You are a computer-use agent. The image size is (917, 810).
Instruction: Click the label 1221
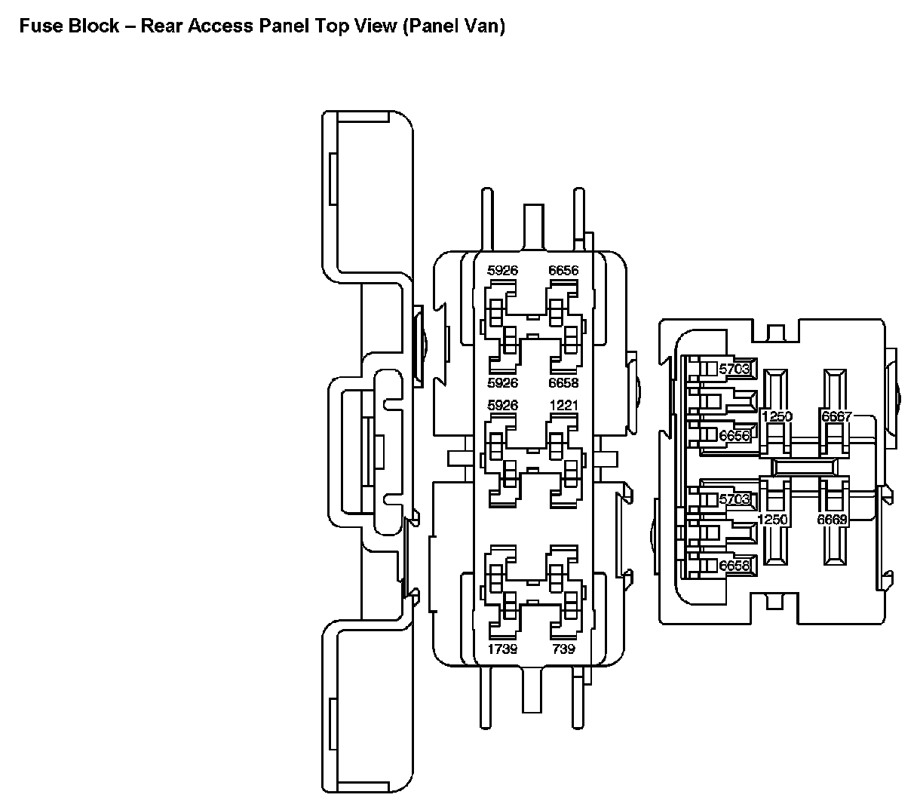pyautogui.click(x=563, y=405)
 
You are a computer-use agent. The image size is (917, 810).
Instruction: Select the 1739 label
pyautogui.click(x=502, y=649)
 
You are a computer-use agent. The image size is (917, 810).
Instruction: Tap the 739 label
pyautogui.click(x=563, y=649)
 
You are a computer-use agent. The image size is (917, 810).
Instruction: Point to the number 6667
pyautogui.click(x=836, y=417)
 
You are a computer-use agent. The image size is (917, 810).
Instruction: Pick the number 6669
pyautogui.click(x=833, y=519)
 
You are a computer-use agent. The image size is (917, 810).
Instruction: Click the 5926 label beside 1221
pyautogui.click(x=502, y=405)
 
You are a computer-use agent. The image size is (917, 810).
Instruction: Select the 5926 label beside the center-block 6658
pyautogui.click(x=502, y=382)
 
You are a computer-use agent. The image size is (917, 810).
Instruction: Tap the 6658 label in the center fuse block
pyautogui.click(x=563, y=382)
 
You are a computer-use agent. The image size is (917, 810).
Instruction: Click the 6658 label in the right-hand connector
pyautogui.click(x=735, y=566)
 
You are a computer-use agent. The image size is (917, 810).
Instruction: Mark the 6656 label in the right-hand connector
pyautogui.click(x=735, y=436)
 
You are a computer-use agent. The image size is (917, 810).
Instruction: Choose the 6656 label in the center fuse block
pyautogui.click(x=563, y=270)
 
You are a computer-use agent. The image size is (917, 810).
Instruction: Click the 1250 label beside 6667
pyautogui.click(x=777, y=417)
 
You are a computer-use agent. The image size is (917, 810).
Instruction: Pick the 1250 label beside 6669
pyautogui.click(x=772, y=519)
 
